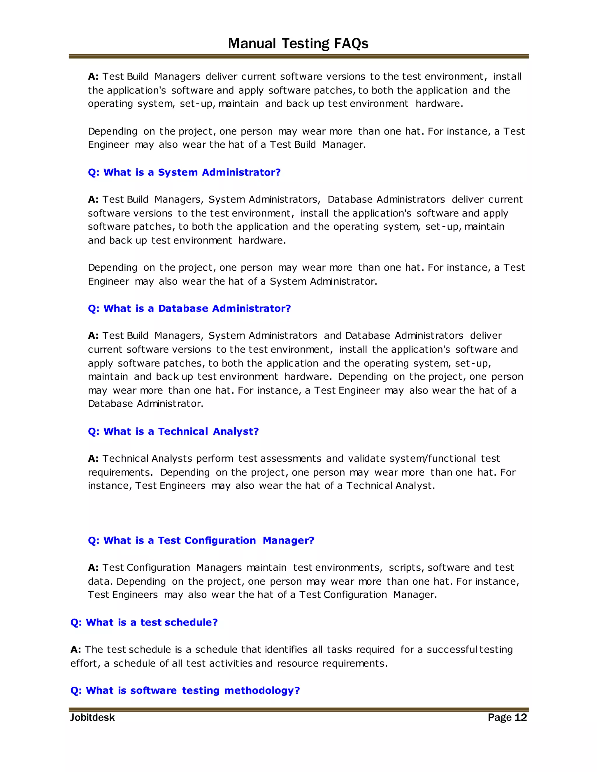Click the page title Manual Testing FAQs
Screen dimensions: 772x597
(298, 43)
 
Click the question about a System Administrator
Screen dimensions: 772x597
(184, 172)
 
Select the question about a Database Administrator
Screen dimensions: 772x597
(189, 308)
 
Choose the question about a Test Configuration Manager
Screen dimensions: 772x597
(201, 540)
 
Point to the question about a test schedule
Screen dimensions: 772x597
(144, 622)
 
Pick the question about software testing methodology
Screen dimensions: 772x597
(185, 690)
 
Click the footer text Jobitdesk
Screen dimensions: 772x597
(92, 718)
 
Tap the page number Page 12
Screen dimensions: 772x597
(507, 717)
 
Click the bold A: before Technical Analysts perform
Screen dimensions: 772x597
(93, 459)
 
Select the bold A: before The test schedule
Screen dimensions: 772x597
(76, 649)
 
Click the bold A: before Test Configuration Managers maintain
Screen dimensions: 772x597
(93, 568)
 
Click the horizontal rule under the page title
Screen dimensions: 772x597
(298, 56)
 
